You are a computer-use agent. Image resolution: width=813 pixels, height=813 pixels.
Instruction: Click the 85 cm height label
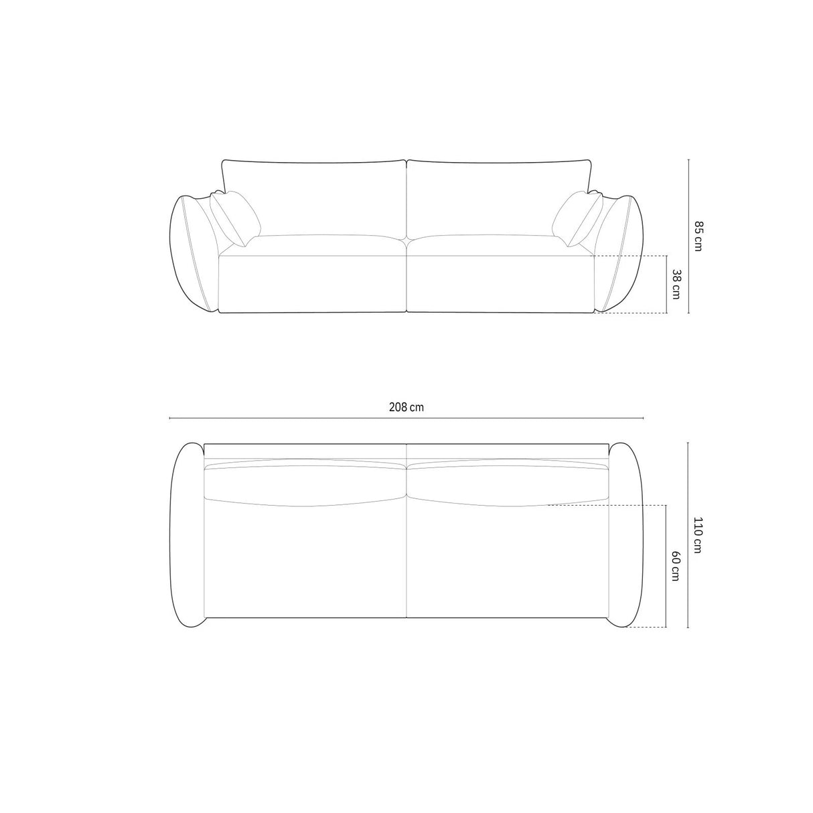click(x=698, y=236)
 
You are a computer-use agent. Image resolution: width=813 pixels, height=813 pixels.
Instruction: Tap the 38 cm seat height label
click(x=676, y=285)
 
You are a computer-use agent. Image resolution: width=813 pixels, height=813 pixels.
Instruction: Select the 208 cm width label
click(x=406, y=407)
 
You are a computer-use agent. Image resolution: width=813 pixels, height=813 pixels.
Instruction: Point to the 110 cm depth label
click(x=698, y=535)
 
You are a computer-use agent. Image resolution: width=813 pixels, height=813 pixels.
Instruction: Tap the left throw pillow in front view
click(x=236, y=218)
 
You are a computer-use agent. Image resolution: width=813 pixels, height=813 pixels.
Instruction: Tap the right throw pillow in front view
click(x=577, y=218)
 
